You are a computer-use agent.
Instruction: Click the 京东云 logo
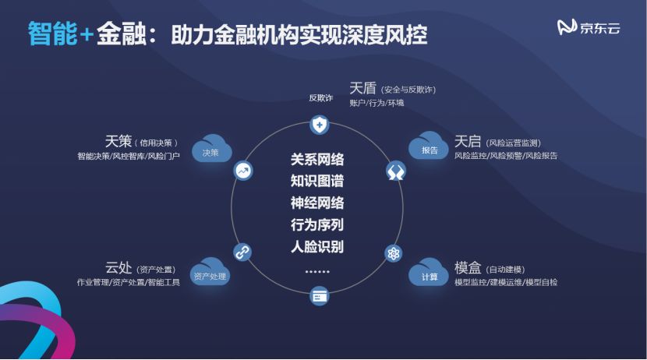pyautogui.click(x=589, y=27)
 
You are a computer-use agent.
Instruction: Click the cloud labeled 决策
pyautogui.click(x=210, y=150)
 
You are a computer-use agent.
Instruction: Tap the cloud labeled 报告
pyautogui.click(x=430, y=148)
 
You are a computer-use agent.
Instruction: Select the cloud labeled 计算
pyautogui.click(x=430, y=274)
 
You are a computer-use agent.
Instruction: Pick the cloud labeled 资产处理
pyautogui.click(x=210, y=274)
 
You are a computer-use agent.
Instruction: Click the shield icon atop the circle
pyautogui.click(x=319, y=124)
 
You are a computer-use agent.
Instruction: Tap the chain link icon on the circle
pyautogui.click(x=242, y=252)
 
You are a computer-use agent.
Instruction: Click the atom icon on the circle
pyautogui.click(x=393, y=254)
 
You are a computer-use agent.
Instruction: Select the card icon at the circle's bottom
pyautogui.click(x=319, y=296)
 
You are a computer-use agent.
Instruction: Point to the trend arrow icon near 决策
pyautogui.click(x=243, y=171)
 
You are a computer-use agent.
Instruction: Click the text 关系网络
pyautogui.click(x=317, y=160)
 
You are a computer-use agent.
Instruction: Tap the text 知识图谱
pyautogui.click(x=317, y=182)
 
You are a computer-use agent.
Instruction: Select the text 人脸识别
pyautogui.click(x=317, y=247)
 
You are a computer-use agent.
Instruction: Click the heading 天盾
pyautogui.click(x=362, y=89)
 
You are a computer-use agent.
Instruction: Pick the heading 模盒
pyautogui.click(x=467, y=266)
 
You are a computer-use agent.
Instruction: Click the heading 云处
pyautogui.click(x=118, y=267)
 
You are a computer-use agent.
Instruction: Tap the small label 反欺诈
pyautogui.click(x=320, y=98)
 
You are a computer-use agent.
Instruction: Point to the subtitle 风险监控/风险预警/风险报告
pyautogui.click(x=505, y=156)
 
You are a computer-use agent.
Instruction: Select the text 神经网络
pyautogui.click(x=317, y=203)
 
